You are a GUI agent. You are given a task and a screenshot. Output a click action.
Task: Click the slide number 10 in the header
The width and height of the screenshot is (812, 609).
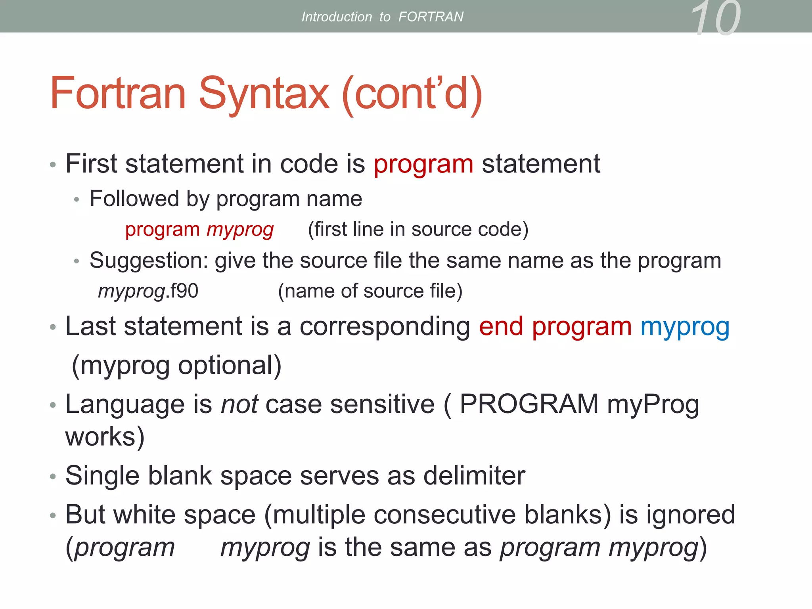(715, 18)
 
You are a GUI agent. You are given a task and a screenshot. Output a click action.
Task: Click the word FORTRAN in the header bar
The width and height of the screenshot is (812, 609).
(431, 17)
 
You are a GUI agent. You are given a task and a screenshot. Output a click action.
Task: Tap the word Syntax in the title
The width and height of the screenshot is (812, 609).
(263, 94)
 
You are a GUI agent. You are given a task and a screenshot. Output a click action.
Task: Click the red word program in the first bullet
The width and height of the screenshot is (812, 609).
(423, 164)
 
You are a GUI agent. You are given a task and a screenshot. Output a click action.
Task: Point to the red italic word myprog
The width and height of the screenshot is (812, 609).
(240, 230)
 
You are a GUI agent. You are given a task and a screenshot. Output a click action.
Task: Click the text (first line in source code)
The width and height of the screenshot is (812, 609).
(418, 229)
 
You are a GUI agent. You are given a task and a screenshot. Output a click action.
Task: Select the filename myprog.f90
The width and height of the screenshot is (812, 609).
(148, 291)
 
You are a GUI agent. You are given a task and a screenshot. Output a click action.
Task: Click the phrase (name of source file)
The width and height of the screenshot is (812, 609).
(370, 291)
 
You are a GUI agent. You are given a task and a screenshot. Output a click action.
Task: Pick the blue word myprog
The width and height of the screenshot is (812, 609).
(685, 327)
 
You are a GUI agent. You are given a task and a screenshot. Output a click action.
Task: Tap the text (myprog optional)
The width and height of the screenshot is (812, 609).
(176, 365)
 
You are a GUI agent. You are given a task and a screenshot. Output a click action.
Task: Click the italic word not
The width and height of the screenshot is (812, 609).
(239, 404)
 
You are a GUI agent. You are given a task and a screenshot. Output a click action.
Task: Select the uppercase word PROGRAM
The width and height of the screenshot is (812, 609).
(529, 404)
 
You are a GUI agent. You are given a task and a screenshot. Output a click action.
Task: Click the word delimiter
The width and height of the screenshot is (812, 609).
(474, 475)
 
